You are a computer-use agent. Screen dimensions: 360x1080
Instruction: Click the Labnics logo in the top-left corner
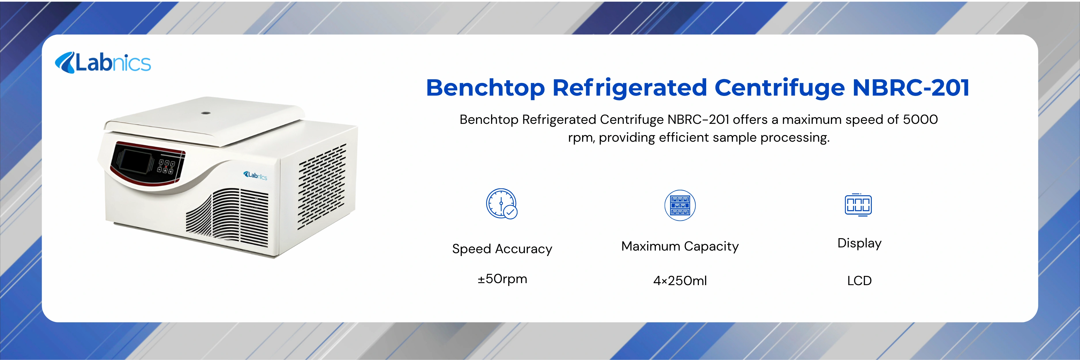(103, 63)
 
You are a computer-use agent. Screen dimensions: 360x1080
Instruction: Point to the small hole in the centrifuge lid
(205, 113)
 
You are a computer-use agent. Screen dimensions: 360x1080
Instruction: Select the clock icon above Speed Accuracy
(501, 204)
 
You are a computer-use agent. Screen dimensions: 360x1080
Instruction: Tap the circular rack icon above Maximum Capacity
(680, 205)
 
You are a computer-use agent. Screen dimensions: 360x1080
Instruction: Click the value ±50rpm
(502, 279)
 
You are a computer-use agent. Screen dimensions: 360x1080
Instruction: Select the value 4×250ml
(680, 281)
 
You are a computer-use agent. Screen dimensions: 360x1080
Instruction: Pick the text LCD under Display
(859, 281)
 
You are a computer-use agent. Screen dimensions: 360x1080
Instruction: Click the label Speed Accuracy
(502, 249)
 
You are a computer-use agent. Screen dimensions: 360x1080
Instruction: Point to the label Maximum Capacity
(680, 247)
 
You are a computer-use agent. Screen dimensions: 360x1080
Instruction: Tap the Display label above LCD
(859, 243)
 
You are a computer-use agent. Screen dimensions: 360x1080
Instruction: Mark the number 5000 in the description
(920, 120)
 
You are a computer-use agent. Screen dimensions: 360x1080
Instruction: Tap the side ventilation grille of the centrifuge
(322, 187)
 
